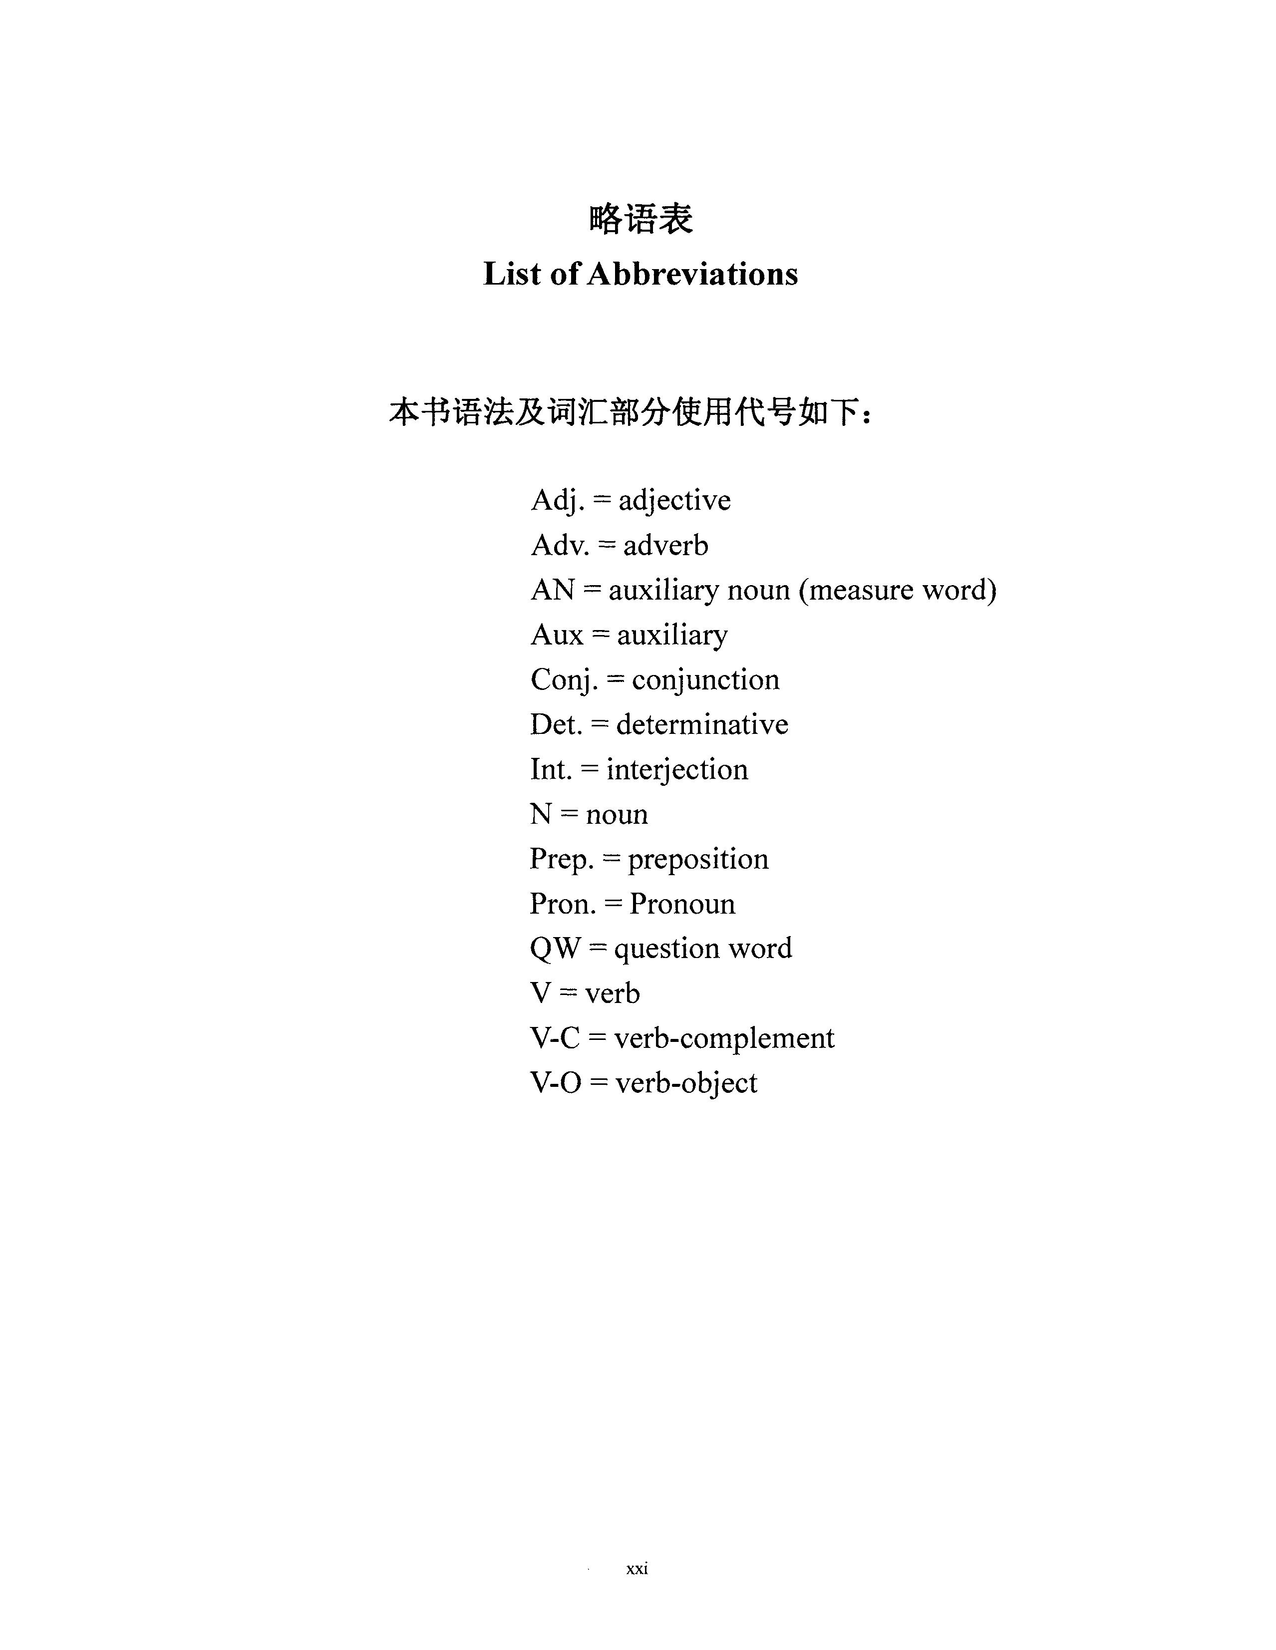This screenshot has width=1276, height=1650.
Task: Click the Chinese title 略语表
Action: [640, 219]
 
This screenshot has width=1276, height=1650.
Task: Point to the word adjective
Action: [674, 500]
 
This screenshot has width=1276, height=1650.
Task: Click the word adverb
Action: [665, 545]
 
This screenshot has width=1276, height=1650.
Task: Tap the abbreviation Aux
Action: [557, 635]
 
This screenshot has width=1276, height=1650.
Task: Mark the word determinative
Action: [702, 724]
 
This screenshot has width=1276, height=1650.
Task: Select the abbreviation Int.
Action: [551, 769]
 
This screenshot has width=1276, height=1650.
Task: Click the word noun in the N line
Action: [617, 814]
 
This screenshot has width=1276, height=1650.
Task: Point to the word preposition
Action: [698, 859]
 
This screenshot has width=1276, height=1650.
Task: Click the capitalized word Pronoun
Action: [682, 904]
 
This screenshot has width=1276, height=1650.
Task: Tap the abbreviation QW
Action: [555, 948]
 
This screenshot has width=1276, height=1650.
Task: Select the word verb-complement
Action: [724, 1038]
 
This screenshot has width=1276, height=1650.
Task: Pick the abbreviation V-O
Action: [555, 1083]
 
